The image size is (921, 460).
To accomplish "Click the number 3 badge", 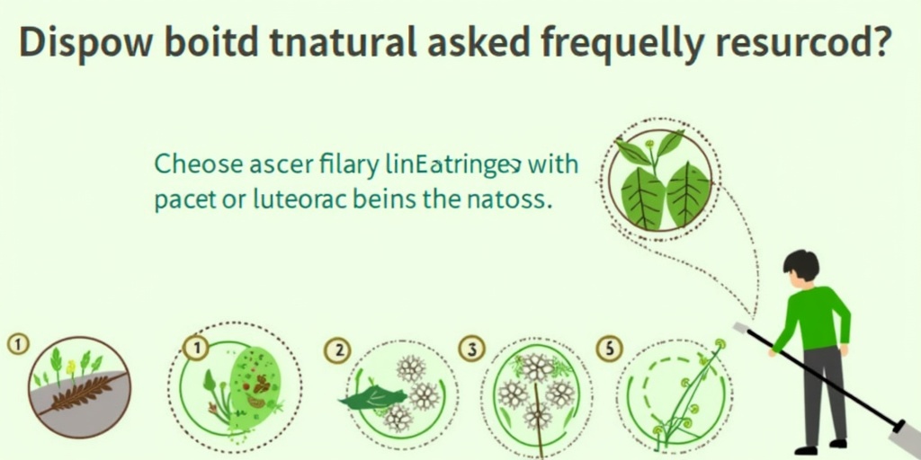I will pyautogui.click(x=470, y=349).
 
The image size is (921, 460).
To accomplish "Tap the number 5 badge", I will pyautogui.click(x=609, y=349).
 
